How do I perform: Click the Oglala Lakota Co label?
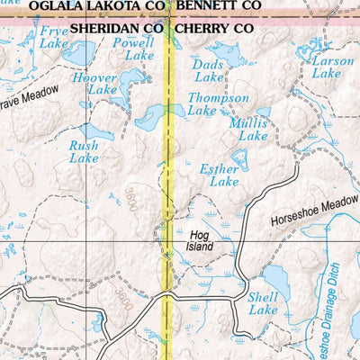click(96, 6)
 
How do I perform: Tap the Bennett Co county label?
click(220, 6)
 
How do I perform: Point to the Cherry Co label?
click(215, 28)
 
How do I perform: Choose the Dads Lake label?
click(208, 71)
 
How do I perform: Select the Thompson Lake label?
click(218, 103)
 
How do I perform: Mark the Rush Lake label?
click(84, 151)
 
